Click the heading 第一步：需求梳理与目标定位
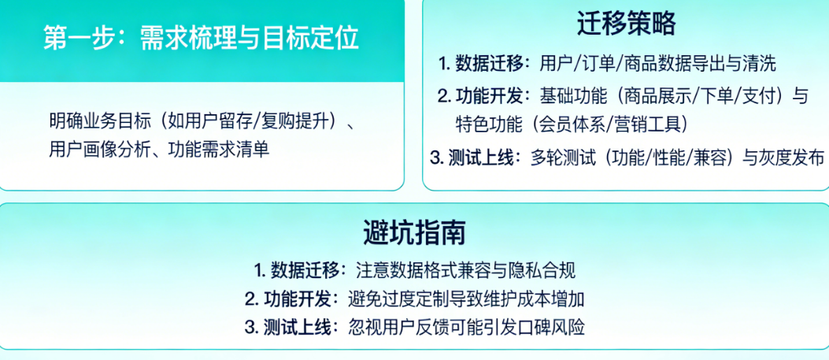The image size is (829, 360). point(201,39)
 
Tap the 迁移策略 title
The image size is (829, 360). point(627,24)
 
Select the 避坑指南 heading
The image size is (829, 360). point(414,233)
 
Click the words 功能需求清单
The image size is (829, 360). point(220,150)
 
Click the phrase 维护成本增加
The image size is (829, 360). point(533,299)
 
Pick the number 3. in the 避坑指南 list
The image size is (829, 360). point(250,328)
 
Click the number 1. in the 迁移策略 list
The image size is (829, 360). point(443,65)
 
